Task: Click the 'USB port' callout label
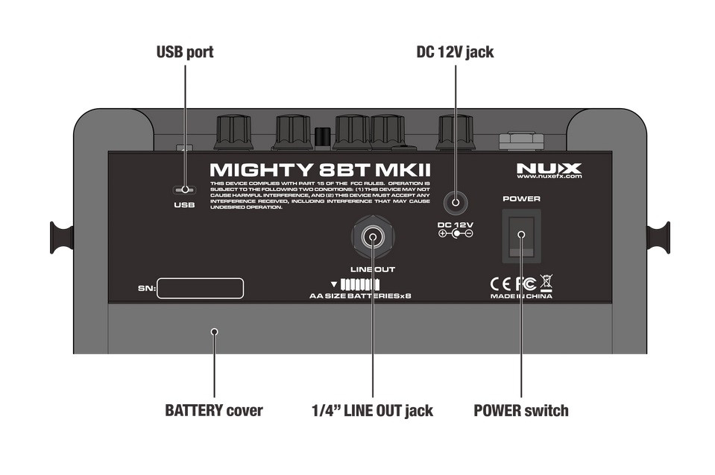[x=184, y=52]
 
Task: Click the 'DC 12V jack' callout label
[x=455, y=52]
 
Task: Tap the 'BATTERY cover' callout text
[x=213, y=410]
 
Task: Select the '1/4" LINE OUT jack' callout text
[x=371, y=410]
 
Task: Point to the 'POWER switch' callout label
[x=521, y=410]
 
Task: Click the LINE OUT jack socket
[x=371, y=238]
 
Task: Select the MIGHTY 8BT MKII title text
[x=320, y=171]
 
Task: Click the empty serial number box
[x=201, y=289]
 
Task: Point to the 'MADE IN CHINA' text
[x=521, y=296]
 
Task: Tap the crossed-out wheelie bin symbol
[x=546, y=283]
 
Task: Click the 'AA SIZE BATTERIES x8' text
[x=360, y=296]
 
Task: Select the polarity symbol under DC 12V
[x=456, y=233]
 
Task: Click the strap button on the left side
[x=62, y=237]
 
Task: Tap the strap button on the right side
[x=657, y=237]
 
